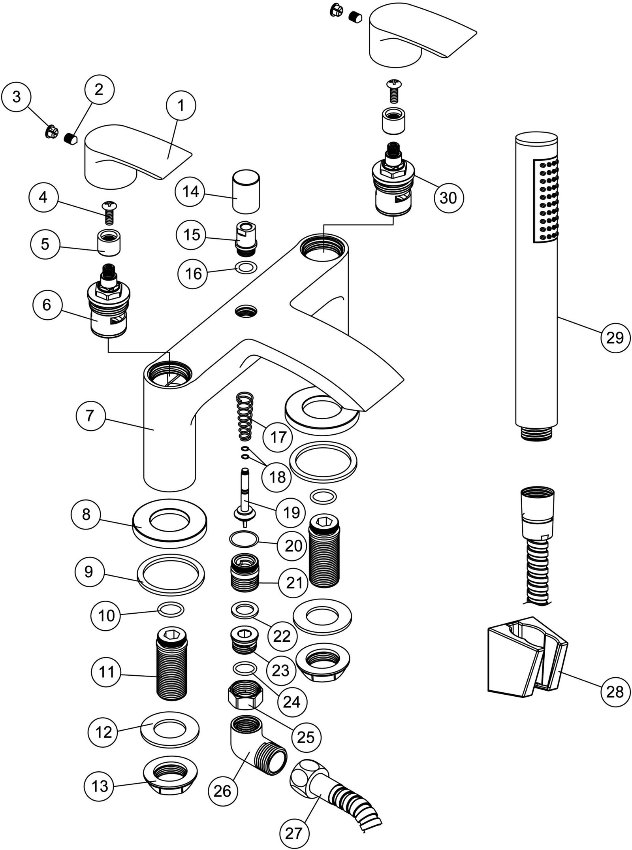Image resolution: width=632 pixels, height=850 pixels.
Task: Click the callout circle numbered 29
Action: tap(615, 338)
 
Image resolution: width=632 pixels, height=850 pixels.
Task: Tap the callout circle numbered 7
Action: tap(90, 416)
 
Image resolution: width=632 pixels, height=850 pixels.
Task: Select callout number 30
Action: tap(448, 198)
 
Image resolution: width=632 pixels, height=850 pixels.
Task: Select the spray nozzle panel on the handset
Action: tap(547, 201)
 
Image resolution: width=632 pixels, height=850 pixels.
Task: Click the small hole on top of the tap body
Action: tap(244, 311)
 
